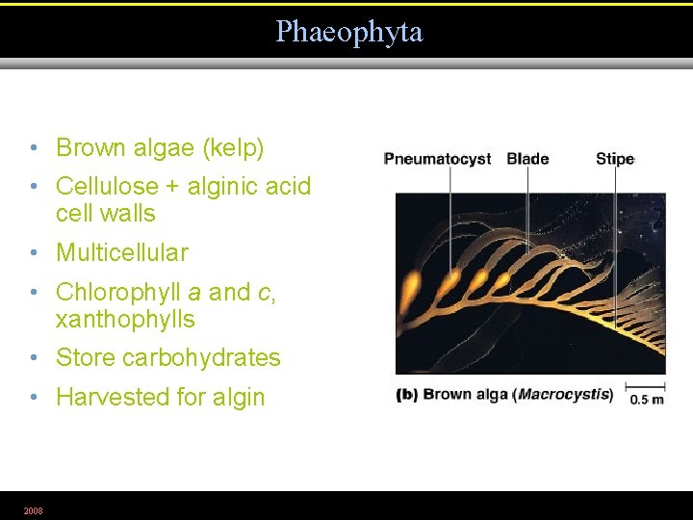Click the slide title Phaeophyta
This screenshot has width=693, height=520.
coord(348,32)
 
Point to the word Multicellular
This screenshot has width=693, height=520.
coord(122,253)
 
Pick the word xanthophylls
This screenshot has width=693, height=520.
coord(125,319)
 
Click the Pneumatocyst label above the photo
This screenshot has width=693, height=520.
coord(437,159)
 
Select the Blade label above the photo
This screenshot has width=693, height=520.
coord(527,159)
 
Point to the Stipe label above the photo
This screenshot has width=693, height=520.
coord(615,159)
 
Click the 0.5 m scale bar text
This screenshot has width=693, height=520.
coord(645,400)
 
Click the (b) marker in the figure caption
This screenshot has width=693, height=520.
coord(407,394)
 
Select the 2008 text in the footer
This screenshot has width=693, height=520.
coord(34,509)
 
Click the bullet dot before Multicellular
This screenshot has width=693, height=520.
coord(34,254)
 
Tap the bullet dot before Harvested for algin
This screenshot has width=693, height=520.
coord(34,398)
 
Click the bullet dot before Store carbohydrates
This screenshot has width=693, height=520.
coord(34,359)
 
